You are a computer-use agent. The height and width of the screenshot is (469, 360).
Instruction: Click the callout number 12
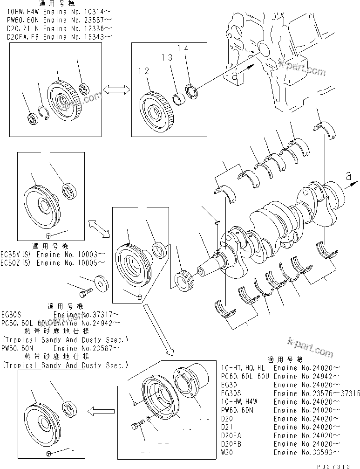click(x=143, y=71)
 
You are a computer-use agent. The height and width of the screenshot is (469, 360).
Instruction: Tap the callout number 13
click(x=167, y=57)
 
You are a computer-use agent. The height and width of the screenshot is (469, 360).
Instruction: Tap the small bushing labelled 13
click(x=178, y=98)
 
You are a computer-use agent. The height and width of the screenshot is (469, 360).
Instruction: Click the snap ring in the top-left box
click(x=44, y=113)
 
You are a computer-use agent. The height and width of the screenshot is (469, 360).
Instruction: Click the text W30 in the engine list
click(x=229, y=452)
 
